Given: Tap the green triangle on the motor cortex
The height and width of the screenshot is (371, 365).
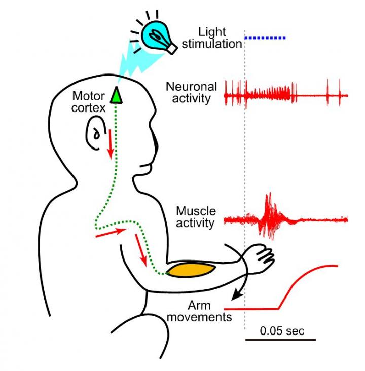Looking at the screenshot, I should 117,95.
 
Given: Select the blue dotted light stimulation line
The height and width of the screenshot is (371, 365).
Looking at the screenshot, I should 265,38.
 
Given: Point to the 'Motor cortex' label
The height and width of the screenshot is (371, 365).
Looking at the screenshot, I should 89,101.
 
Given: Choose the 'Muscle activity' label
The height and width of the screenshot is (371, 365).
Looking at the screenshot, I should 195,216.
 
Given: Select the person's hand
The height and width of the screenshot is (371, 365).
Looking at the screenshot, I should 259,259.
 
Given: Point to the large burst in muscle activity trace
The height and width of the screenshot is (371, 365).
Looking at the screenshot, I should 269,216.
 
